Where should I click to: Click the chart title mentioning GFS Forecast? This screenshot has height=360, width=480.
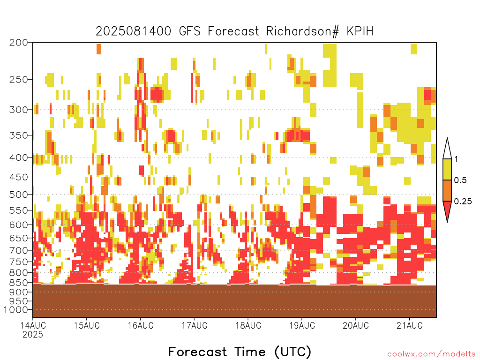coord(234,31)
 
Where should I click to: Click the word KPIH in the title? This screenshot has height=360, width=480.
coord(360,31)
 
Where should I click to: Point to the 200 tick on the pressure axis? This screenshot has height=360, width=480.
coord(19,43)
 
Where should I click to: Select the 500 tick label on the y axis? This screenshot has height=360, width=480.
coord(19,195)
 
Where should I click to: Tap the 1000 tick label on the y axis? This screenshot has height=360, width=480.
coord(16,309)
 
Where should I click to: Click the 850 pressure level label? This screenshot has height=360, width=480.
coord(19,282)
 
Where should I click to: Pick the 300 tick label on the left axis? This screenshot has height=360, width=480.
coord(19,110)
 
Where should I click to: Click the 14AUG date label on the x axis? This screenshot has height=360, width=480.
coord(33,325)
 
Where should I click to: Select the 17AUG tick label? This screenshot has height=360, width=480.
coord(195,325)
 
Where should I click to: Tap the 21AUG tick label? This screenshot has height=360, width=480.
coord(410,325)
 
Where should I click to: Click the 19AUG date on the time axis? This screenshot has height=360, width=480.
coord(302,325)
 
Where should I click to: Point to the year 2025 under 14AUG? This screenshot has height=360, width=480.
coord(33,334)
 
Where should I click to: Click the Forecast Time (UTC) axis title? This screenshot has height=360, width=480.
coord(240,352)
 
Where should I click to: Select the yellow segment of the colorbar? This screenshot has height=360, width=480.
coord(447,169)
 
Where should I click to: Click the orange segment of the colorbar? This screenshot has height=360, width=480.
coord(447,190)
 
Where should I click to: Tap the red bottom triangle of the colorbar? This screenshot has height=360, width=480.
coord(447,210)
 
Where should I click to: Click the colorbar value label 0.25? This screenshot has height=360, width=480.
coord(463,202)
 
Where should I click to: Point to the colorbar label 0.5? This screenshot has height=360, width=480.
coord(460,180)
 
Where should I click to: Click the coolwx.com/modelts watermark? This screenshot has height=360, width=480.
coord(431,354)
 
